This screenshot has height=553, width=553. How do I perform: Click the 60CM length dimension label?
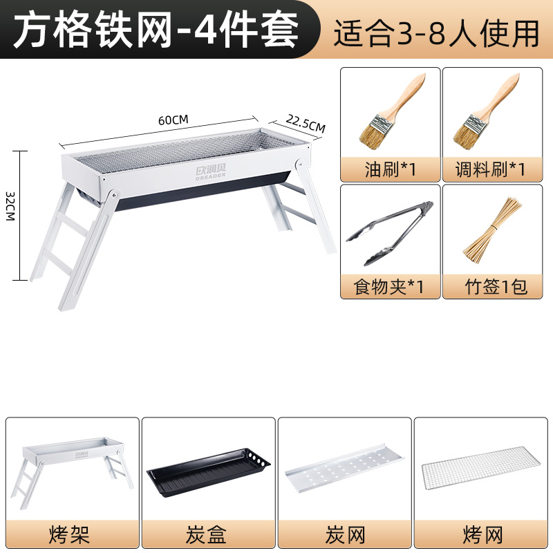coord(174,120)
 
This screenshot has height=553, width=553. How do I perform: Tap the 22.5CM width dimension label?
coord(306,123)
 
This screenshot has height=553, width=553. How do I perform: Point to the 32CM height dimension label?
coord(10,206)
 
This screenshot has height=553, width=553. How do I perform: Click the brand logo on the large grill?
coord(211,171)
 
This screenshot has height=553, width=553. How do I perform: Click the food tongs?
coord(390,233)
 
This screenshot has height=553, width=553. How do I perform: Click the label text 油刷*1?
coord(391,169)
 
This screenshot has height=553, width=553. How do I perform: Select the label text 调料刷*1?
coord(491,169)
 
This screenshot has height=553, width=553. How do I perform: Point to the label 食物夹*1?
coord(388,287)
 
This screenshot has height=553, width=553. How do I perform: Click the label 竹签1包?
coord(496,287)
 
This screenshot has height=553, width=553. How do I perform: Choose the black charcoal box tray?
coord(209,472)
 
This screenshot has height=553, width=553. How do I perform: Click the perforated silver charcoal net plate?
coord(344,469)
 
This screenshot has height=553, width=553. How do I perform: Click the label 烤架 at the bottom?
coord(70,534)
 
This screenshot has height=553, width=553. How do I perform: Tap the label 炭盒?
coord(206,534)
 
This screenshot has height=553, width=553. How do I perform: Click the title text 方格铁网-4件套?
coord(156,30)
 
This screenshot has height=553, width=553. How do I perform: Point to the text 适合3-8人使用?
coord(437,32)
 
